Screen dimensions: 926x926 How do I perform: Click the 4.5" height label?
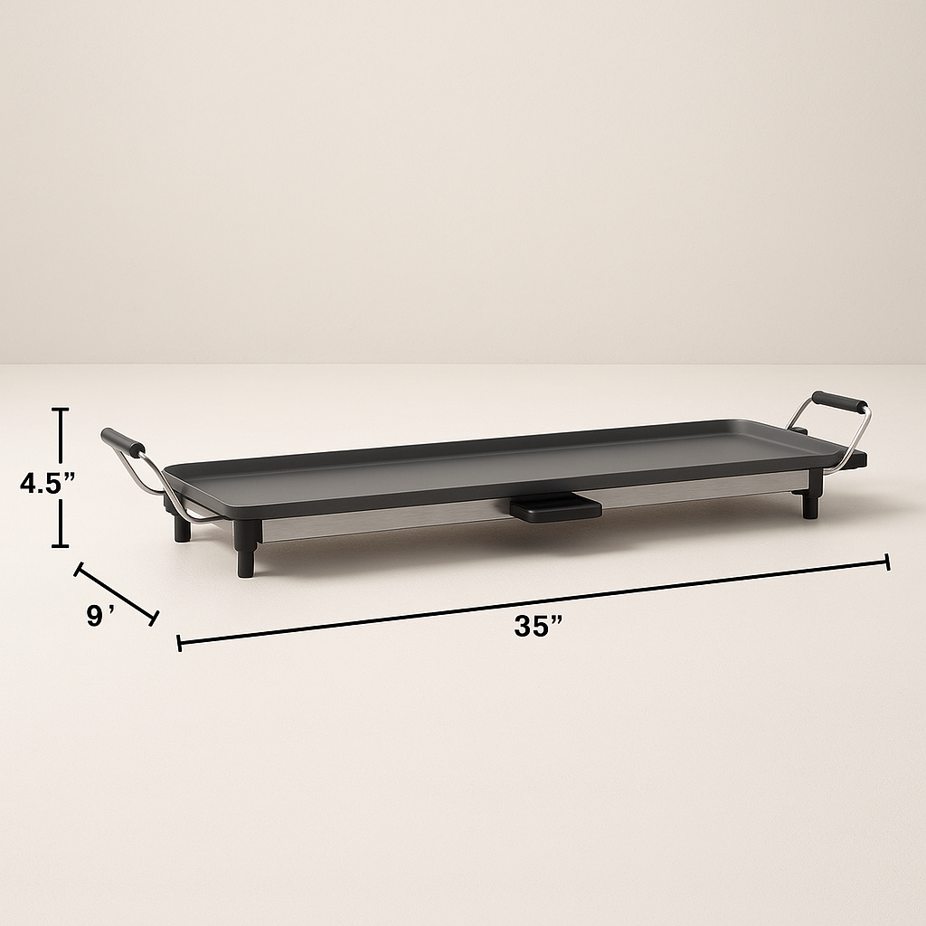click(48, 483)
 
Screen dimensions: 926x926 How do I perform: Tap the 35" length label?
click(538, 626)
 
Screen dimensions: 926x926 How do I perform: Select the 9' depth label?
click(100, 617)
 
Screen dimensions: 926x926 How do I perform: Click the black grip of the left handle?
click(123, 441)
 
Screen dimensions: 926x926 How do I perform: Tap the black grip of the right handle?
click(839, 402)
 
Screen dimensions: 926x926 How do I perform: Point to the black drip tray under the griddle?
click(554, 507)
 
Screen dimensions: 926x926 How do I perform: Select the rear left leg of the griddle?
click(182, 528)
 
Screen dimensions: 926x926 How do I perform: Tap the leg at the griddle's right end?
click(809, 504)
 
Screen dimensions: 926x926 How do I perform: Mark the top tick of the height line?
click(61, 410)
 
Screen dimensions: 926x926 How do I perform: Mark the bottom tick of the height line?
click(61, 545)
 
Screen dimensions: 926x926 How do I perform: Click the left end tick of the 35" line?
click(179, 643)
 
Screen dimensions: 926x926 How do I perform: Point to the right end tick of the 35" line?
click(888, 562)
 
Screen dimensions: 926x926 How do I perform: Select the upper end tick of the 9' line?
click(78, 569)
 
